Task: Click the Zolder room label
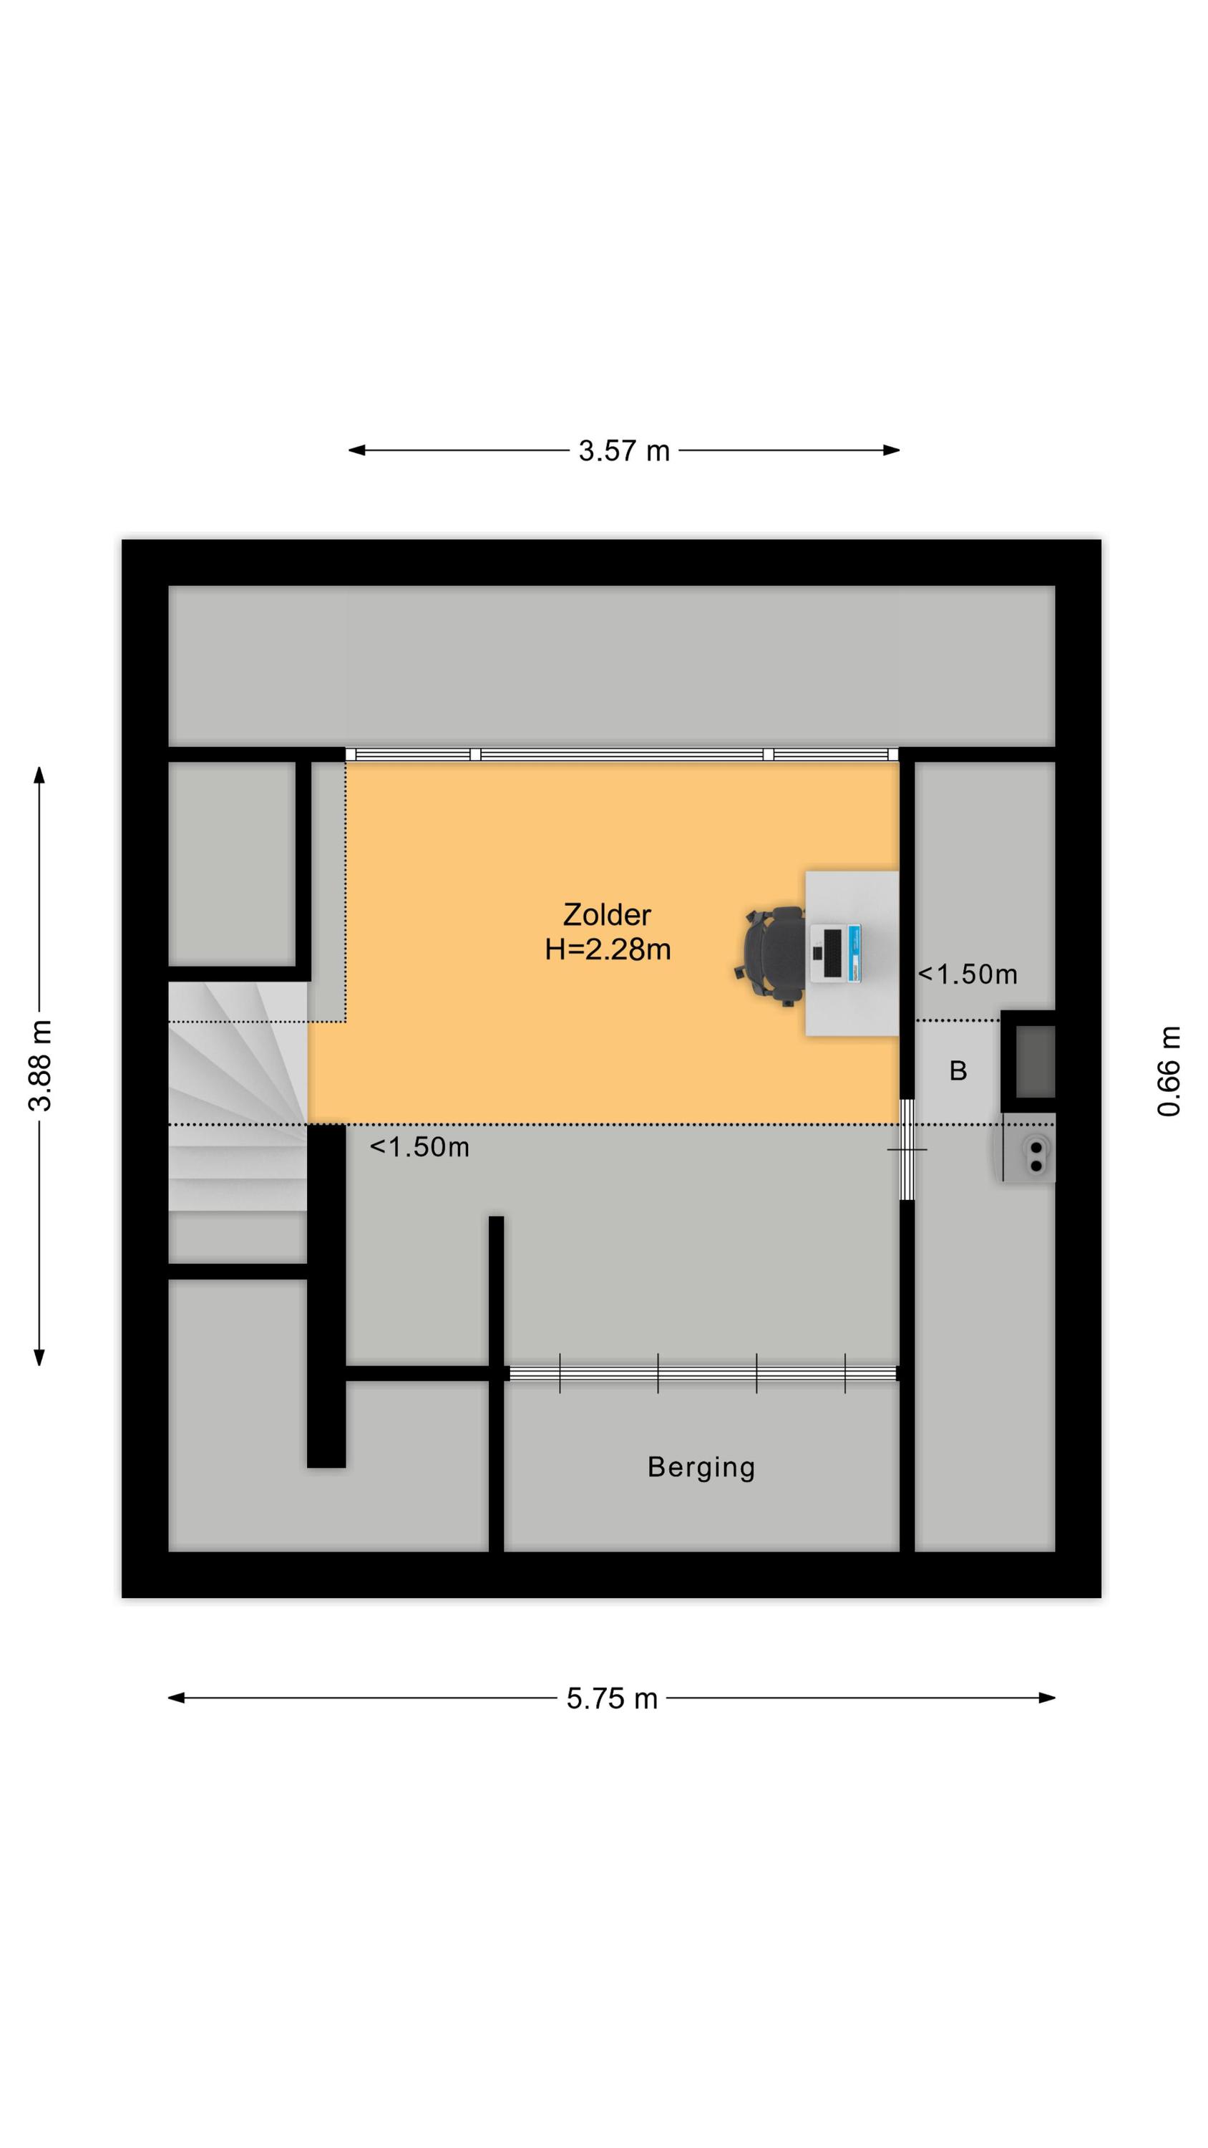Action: pos(606,915)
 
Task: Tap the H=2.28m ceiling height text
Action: pos(608,949)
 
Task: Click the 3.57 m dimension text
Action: pos(623,451)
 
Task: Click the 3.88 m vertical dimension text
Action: pos(40,1065)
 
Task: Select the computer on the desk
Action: pos(835,952)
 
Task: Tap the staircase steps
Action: pos(238,1096)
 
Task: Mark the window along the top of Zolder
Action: pos(622,754)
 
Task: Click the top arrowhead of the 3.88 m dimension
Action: pos(39,775)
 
